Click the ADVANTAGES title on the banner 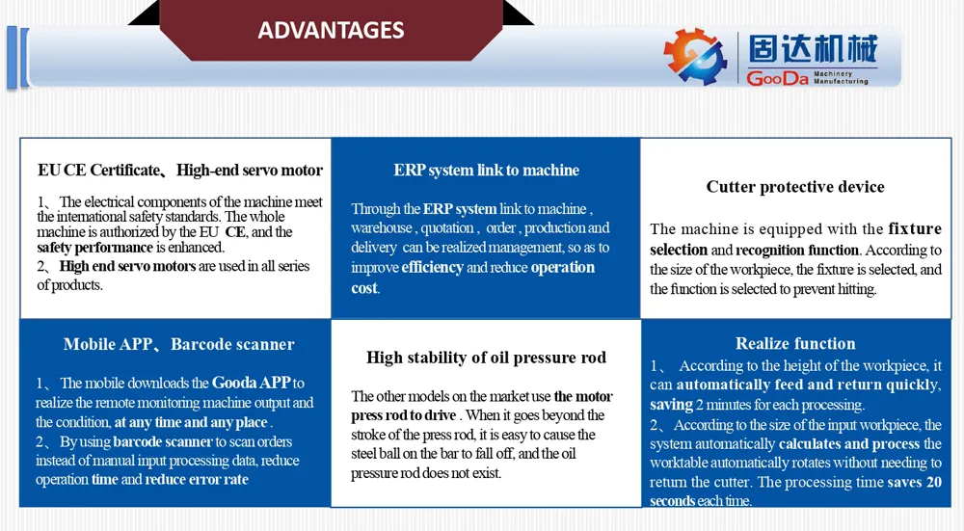[x=331, y=30]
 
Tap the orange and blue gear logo [x=695, y=56]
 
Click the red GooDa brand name [x=777, y=78]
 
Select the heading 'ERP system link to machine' [x=486, y=171]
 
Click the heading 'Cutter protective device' [x=795, y=187]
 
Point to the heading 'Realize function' [x=795, y=343]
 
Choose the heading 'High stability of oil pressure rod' [x=486, y=358]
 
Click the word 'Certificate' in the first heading [x=124, y=171]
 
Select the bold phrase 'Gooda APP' [x=252, y=383]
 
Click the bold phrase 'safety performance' [x=94, y=248]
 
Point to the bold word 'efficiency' [x=432, y=267]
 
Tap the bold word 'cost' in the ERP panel [x=364, y=287]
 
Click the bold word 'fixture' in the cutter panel [x=915, y=228]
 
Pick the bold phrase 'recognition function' [x=797, y=251]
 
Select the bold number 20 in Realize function [x=934, y=483]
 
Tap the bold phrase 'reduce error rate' [x=197, y=480]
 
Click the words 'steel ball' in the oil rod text [x=374, y=454]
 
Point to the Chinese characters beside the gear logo [x=812, y=48]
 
